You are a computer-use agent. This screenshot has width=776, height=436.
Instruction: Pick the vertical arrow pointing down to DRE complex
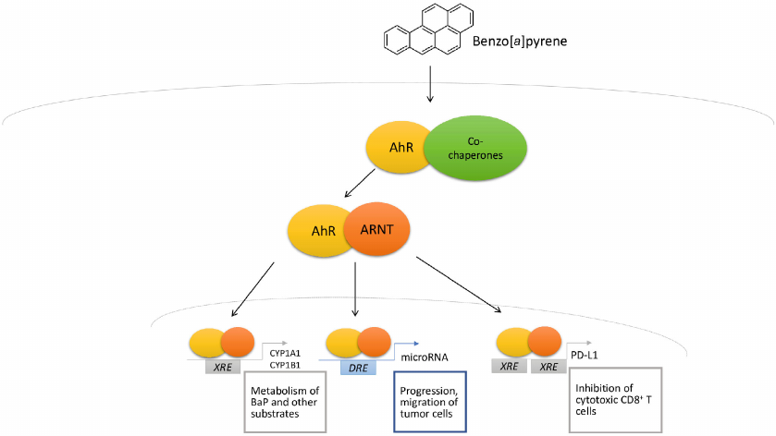click(x=355, y=290)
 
